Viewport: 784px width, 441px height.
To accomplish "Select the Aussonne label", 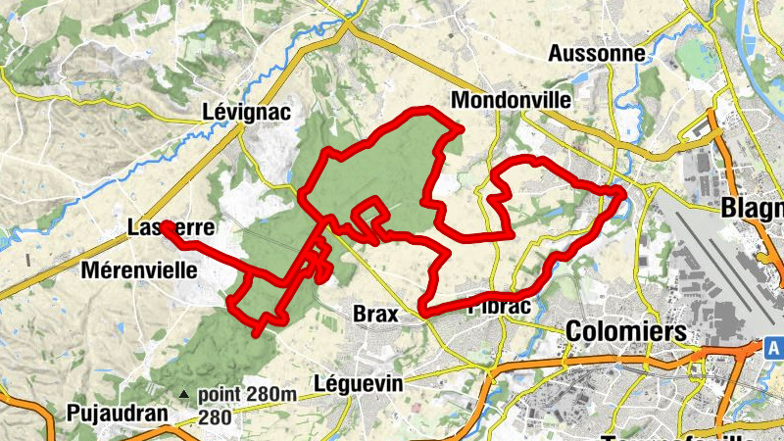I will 599,53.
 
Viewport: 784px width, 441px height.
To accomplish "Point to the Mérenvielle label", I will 140,269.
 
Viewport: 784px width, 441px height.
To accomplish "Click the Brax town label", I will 374,315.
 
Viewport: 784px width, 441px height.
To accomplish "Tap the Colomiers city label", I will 626,331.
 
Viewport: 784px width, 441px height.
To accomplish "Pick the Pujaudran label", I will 119,414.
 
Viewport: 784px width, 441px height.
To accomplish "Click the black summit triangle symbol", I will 183,395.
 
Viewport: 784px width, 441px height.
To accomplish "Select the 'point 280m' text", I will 247,395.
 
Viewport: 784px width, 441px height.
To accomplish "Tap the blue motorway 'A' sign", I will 773,347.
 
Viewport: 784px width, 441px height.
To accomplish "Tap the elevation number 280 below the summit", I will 216,416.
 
